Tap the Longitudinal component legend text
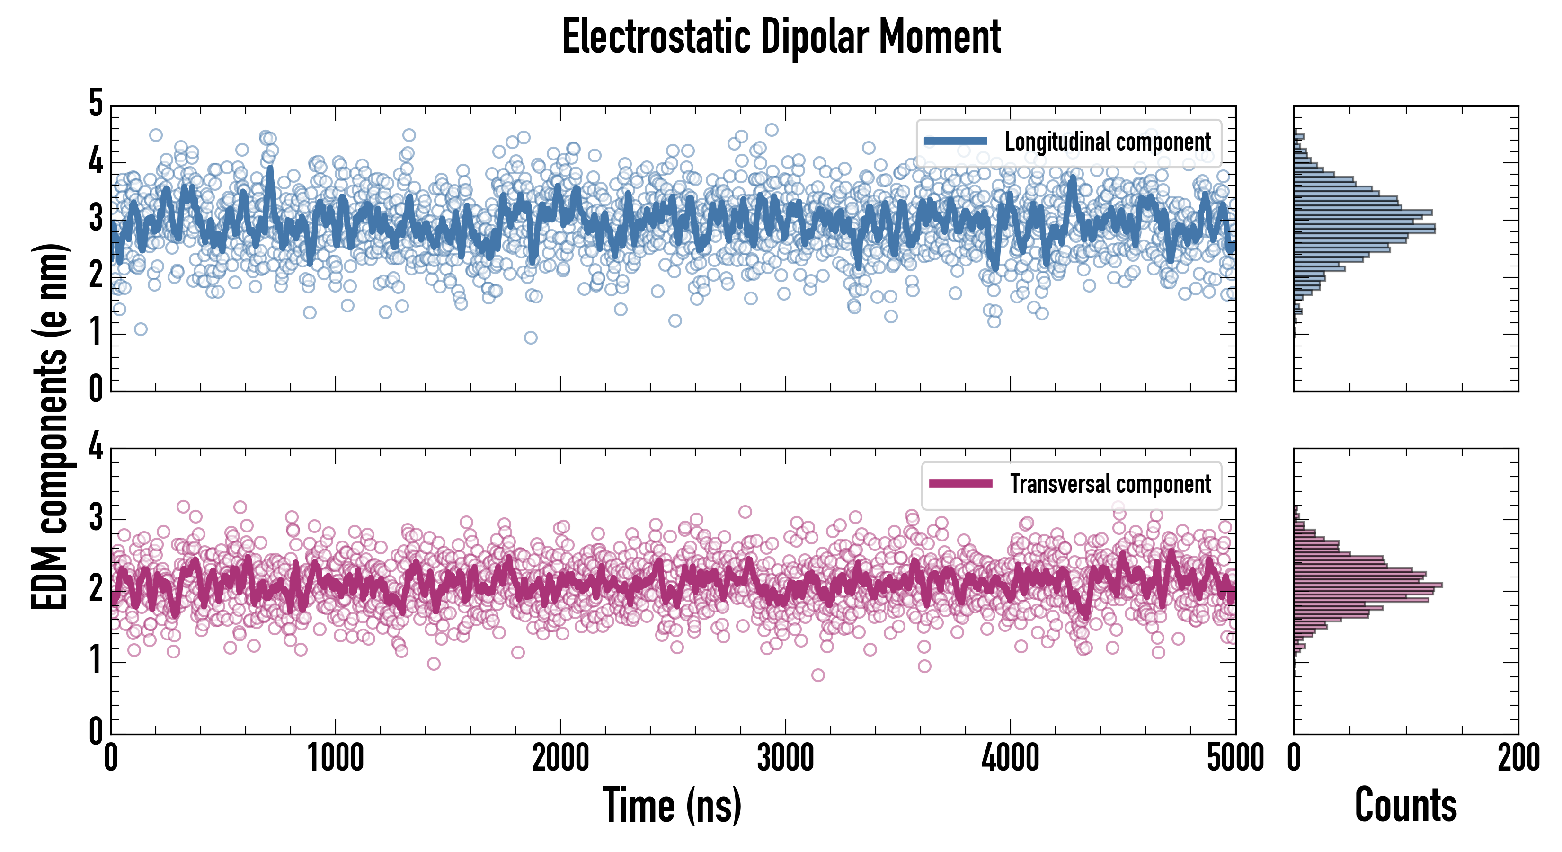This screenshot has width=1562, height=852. pyautogui.click(x=1107, y=142)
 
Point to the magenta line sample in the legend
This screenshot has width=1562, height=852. pyautogui.click(x=960, y=483)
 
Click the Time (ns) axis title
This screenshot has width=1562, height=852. pyautogui.click(x=672, y=805)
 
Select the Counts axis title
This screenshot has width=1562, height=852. pyautogui.click(x=1405, y=805)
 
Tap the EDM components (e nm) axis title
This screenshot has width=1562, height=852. pyautogui.click(x=50, y=427)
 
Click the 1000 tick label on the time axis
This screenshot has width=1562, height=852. pyautogui.click(x=335, y=758)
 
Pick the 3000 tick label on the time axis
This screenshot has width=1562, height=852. pyautogui.click(x=785, y=758)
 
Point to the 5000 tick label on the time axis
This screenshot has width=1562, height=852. pyautogui.click(x=1235, y=758)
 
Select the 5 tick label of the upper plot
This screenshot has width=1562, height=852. pyautogui.click(x=96, y=103)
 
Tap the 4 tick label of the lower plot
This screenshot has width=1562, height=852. pyautogui.click(x=96, y=447)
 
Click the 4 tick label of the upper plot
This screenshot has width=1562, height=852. pyautogui.click(x=96, y=161)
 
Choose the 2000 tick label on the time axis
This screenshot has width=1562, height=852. pyautogui.click(x=560, y=758)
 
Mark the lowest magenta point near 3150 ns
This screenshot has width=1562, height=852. pyautogui.click(x=817, y=675)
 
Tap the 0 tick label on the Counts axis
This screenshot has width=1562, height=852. pyautogui.click(x=1294, y=758)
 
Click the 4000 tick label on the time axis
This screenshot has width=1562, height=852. pyautogui.click(x=1010, y=758)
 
